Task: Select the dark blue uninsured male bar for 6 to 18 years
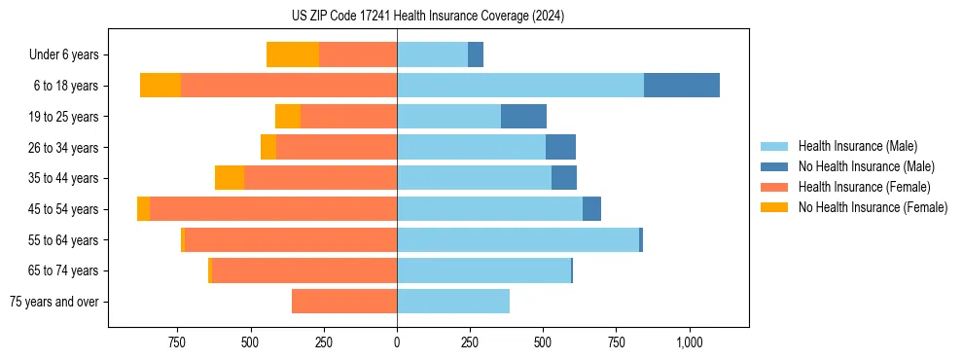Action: click(x=681, y=86)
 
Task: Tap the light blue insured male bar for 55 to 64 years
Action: click(x=517, y=240)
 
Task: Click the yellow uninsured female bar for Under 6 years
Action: click(x=293, y=55)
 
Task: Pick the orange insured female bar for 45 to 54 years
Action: click(x=273, y=209)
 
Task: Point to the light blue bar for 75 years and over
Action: click(x=453, y=302)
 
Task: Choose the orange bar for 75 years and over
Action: click(x=344, y=302)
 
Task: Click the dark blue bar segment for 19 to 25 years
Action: click(x=523, y=117)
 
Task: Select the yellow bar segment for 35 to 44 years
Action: click(x=230, y=178)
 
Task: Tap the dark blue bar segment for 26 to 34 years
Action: click(x=560, y=148)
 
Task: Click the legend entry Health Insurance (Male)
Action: click(x=857, y=146)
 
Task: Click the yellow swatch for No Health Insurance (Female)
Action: click(x=775, y=207)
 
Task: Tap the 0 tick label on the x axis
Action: click(x=397, y=342)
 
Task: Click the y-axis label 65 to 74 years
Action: click(x=64, y=271)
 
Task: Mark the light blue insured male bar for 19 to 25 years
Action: click(x=448, y=117)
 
